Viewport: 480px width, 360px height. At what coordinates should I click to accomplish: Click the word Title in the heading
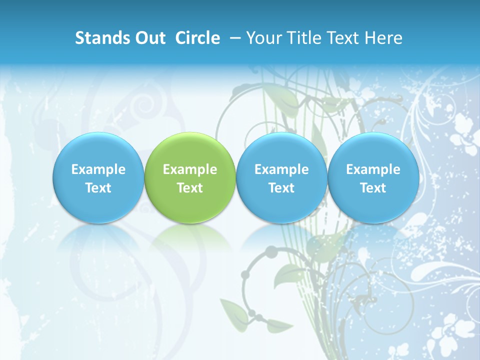pyautogui.click(x=301, y=38)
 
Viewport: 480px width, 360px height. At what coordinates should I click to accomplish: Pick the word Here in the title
pyautogui.click(x=383, y=38)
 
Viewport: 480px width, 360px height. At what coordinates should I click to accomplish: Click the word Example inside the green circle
pyautogui.click(x=190, y=169)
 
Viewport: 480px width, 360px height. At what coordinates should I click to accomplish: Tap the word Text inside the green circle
pyautogui.click(x=190, y=188)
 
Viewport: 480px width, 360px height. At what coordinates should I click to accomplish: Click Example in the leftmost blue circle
pyautogui.click(x=98, y=169)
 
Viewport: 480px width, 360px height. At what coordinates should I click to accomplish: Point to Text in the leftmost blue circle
pyautogui.click(x=98, y=188)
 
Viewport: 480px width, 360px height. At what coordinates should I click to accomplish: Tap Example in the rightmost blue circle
pyautogui.click(x=373, y=169)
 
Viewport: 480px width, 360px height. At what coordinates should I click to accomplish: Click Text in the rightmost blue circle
pyautogui.click(x=373, y=188)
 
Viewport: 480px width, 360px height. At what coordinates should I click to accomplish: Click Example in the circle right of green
pyautogui.click(x=281, y=169)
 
